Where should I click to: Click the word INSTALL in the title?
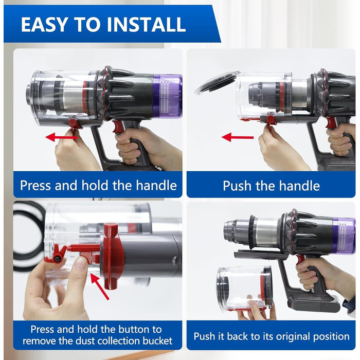pos(146,24)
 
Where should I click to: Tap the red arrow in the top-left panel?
pos(62,137)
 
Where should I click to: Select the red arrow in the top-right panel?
pos(238,137)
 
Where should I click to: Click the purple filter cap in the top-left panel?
pos(167,96)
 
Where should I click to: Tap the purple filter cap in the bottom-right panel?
pos(343,236)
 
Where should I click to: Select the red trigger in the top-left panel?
pos(118,127)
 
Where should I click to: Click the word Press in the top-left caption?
pos(37,185)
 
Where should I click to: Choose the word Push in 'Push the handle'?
pos(237,186)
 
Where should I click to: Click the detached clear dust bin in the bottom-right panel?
pos(245,289)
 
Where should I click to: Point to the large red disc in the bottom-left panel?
pos(112,256)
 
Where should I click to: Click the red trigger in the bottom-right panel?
pos(300,260)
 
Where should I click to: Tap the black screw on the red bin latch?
pos(57,259)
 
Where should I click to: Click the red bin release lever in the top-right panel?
pos(271,121)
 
